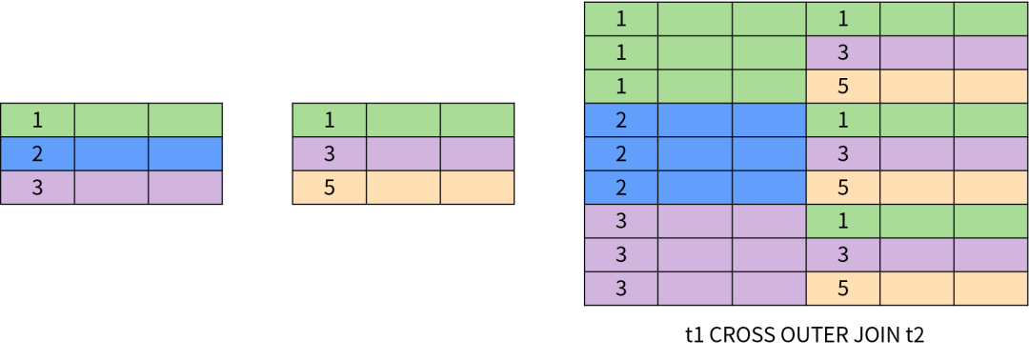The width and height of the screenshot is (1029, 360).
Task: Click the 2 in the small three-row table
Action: click(37, 153)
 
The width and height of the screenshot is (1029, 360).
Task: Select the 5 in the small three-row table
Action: click(330, 187)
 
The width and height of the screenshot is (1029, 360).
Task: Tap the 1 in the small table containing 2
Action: click(37, 120)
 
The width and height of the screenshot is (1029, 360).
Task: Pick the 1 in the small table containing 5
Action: click(330, 120)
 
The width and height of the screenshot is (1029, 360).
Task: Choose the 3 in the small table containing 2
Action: click(37, 187)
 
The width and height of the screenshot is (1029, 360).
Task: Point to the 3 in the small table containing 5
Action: click(330, 153)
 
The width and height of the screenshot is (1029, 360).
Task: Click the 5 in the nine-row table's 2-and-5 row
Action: click(843, 187)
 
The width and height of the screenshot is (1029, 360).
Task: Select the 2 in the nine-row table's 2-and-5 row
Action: click(621, 187)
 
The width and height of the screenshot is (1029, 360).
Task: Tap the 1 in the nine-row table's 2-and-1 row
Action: click(843, 120)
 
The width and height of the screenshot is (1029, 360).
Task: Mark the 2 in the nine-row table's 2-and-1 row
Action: click(621, 120)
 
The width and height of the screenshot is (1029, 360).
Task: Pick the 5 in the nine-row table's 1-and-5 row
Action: click(843, 87)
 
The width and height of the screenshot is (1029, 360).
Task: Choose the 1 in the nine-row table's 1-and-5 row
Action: click(621, 87)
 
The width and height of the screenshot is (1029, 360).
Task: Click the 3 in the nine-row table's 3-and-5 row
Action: click(621, 288)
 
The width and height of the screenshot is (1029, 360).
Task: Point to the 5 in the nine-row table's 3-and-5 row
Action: click(843, 288)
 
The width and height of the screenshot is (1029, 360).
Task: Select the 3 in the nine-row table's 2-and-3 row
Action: click(843, 153)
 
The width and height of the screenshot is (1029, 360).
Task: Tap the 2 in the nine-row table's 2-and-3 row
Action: click(621, 153)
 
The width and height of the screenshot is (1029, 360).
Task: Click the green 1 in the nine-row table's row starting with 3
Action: click(843, 221)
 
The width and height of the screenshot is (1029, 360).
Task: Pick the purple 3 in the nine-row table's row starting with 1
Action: click(843, 52)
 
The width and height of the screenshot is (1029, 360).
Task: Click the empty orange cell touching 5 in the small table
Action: click(403, 187)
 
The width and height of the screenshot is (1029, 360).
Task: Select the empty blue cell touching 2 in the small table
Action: click(111, 153)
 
